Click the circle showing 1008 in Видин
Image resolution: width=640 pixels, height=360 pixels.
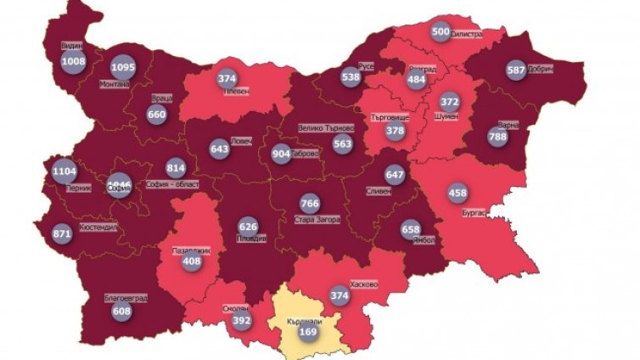(x=74, y=60)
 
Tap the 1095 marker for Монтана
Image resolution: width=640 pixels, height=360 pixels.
(x=123, y=67)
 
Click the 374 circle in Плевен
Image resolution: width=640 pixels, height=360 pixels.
(x=227, y=78)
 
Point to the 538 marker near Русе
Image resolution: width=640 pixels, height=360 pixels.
(x=351, y=76)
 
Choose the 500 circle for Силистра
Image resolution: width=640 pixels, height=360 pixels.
(x=441, y=31)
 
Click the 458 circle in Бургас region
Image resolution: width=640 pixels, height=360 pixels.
(x=457, y=193)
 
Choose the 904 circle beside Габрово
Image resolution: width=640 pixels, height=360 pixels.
(x=280, y=154)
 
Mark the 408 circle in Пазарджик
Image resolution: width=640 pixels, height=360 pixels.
(x=192, y=262)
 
